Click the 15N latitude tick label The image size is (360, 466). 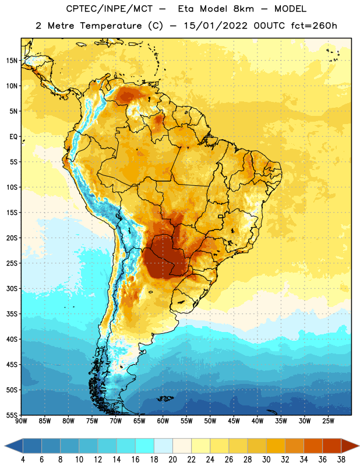pyautogui.click(x=12, y=61)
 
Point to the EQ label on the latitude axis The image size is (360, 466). pyautogui.click(x=13, y=137)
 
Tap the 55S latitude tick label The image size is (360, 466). pyautogui.click(x=12, y=415)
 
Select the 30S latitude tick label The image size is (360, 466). pyautogui.click(x=12, y=288)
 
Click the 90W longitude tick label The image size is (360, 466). pyautogui.click(x=21, y=421)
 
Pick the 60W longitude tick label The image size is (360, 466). pyautogui.click(x=163, y=421)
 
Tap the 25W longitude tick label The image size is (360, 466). pyautogui.click(x=328, y=421)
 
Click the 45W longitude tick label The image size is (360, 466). pyautogui.click(x=234, y=421)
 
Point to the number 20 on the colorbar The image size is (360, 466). pyautogui.click(x=172, y=460)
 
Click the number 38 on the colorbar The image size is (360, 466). pyautogui.click(x=341, y=460)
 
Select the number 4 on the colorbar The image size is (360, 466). pyautogui.click(x=23, y=460)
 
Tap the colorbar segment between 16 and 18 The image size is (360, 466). pyautogui.click(x=144, y=446)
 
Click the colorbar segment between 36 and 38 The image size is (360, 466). pyautogui.click(x=331, y=446)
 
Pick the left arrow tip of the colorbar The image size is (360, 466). pyautogui.click(x=5, y=446)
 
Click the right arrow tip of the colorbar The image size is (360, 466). pyautogui.click(x=359, y=446)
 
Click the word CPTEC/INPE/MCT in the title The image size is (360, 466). pyautogui.click(x=110, y=9)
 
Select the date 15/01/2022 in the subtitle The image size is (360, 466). pyautogui.click(x=215, y=26)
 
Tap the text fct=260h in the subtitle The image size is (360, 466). pyautogui.click(x=314, y=26)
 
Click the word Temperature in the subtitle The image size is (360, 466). pyautogui.click(x=111, y=26)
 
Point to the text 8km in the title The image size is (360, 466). pyautogui.click(x=243, y=9)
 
